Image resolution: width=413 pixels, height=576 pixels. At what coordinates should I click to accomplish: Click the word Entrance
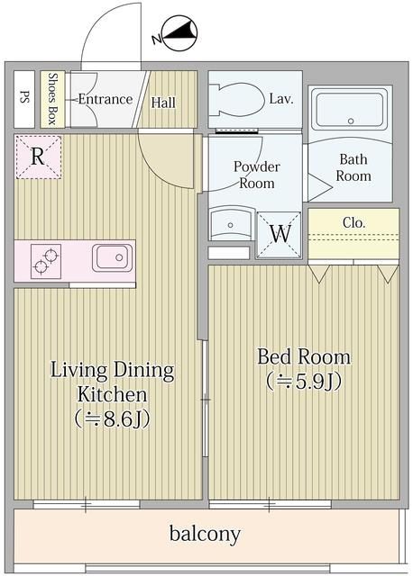(x=105, y=99)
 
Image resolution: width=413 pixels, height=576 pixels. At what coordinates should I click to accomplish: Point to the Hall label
(x=163, y=103)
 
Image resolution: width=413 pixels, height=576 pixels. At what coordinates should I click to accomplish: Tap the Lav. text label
(x=281, y=99)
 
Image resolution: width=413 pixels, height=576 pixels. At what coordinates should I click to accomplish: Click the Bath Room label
(x=353, y=168)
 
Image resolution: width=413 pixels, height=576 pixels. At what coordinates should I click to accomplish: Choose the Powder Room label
(x=257, y=175)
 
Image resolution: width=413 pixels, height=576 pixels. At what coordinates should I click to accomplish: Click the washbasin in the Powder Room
(x=230, y=225)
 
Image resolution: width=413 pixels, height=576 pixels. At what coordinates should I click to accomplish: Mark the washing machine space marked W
(x=280, y=232)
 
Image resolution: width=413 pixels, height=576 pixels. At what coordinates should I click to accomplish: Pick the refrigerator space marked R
(x=38, y=156)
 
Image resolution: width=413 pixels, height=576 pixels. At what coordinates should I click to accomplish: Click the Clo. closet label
(x=353, y=221)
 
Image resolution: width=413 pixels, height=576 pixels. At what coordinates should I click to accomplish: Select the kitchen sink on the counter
(x=112, y=259)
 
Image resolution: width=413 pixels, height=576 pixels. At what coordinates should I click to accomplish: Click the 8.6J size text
(x=112, y=419)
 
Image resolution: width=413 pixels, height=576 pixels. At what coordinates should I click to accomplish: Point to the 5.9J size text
(x=303, y=382)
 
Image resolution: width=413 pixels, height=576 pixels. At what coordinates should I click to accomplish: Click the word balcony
(x=206, y=535)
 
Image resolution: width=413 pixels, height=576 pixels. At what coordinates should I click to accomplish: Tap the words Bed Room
(x=303, y=356)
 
